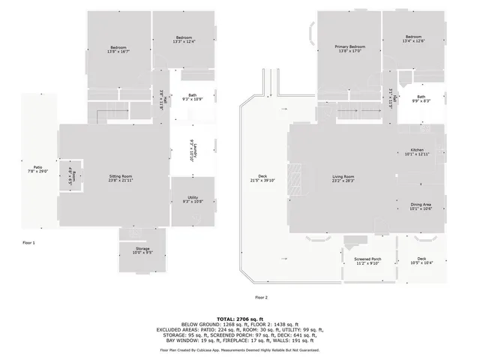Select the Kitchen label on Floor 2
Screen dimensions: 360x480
pos(417,152)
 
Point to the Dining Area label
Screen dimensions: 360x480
pos(420,206)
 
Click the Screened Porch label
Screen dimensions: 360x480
pos(367,260)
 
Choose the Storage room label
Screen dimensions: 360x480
pos(142,250)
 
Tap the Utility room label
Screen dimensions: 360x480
pos(193,199)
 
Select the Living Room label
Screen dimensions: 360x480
pos(343,178)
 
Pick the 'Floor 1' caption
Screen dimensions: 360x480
pos(28,242)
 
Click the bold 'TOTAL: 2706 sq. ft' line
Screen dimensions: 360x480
pos(240,319)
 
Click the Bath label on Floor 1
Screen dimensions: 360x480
pos(193,97)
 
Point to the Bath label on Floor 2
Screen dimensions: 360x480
pos(421,97)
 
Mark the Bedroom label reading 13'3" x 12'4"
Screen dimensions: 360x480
pos(184,40)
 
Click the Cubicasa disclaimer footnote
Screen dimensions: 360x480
pos(240,350)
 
